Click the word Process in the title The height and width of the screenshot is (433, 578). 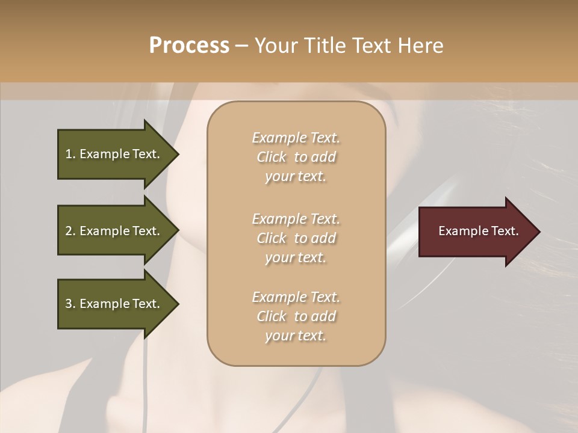point(189,46)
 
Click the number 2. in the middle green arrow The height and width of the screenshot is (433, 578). point(70,231)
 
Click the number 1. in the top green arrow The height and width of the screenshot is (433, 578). point(70,154)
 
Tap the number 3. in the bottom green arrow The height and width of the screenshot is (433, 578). point(70,304)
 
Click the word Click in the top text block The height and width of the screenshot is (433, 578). point(272,157)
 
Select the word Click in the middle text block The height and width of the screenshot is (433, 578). point(272,238)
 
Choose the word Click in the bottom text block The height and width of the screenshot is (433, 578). point(272,316)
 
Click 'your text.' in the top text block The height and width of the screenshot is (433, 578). point(296,177)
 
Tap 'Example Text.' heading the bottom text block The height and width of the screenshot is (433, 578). point(296,297)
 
